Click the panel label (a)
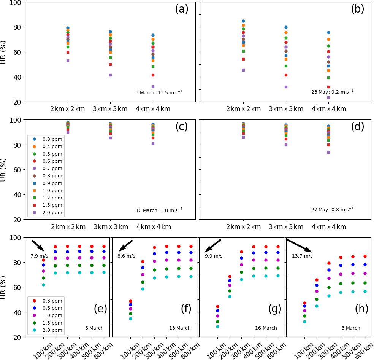click(x=182, y=9)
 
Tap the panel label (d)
click(x=357, y=127)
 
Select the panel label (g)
click(x=275, y=309)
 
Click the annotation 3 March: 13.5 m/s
click(x=159, y=92)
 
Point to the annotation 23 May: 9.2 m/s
click(x=332, y=92)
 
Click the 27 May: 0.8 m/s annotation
click(x=332, y=210)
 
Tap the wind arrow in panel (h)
click(x=299, y=245)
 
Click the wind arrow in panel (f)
click(x=126, y=245)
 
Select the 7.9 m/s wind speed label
click(x=39, y=256)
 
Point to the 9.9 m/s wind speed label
click(x=214, y=256)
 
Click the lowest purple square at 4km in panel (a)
click(x=153, y=86)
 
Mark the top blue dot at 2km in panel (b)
click(x=243, y=21)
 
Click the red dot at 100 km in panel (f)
click(x=130, y=301)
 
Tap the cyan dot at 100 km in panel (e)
click(x=43, y=285)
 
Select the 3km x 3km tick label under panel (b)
click(x=286, y=109)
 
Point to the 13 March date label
click(x=180, y=328)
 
